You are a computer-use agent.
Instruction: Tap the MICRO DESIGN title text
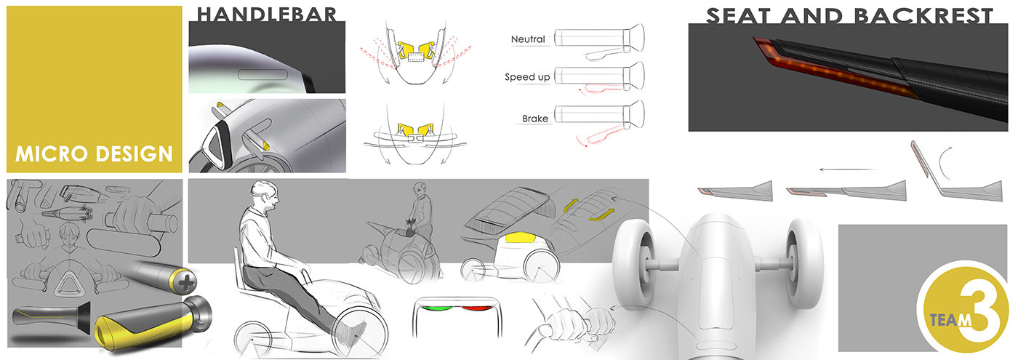point(94,154)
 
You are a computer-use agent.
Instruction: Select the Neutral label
point(528,39)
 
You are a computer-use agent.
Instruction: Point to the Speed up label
point(527,76)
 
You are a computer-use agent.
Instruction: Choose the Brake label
point(534,119)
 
